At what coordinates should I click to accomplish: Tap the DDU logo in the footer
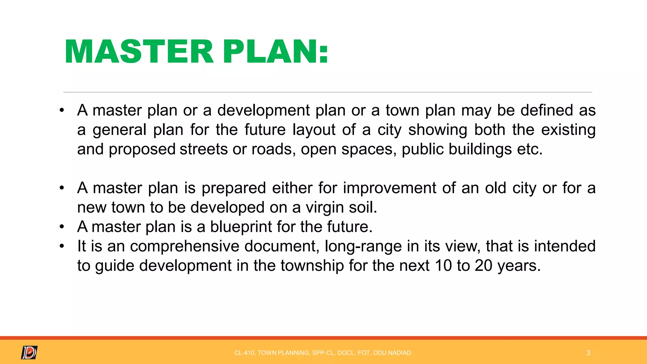(29, 352)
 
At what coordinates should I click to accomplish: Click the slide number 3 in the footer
(588, 353)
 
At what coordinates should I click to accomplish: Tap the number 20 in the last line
(483, 265)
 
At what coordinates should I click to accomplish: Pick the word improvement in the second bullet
(390, 188)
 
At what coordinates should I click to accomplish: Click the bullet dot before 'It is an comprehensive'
(62, 246)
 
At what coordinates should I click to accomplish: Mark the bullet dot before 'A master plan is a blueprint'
(62, 227)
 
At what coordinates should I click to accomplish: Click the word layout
(314, 130)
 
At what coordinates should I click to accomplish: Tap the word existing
(568, 130)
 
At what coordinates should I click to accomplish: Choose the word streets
(203, 149)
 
